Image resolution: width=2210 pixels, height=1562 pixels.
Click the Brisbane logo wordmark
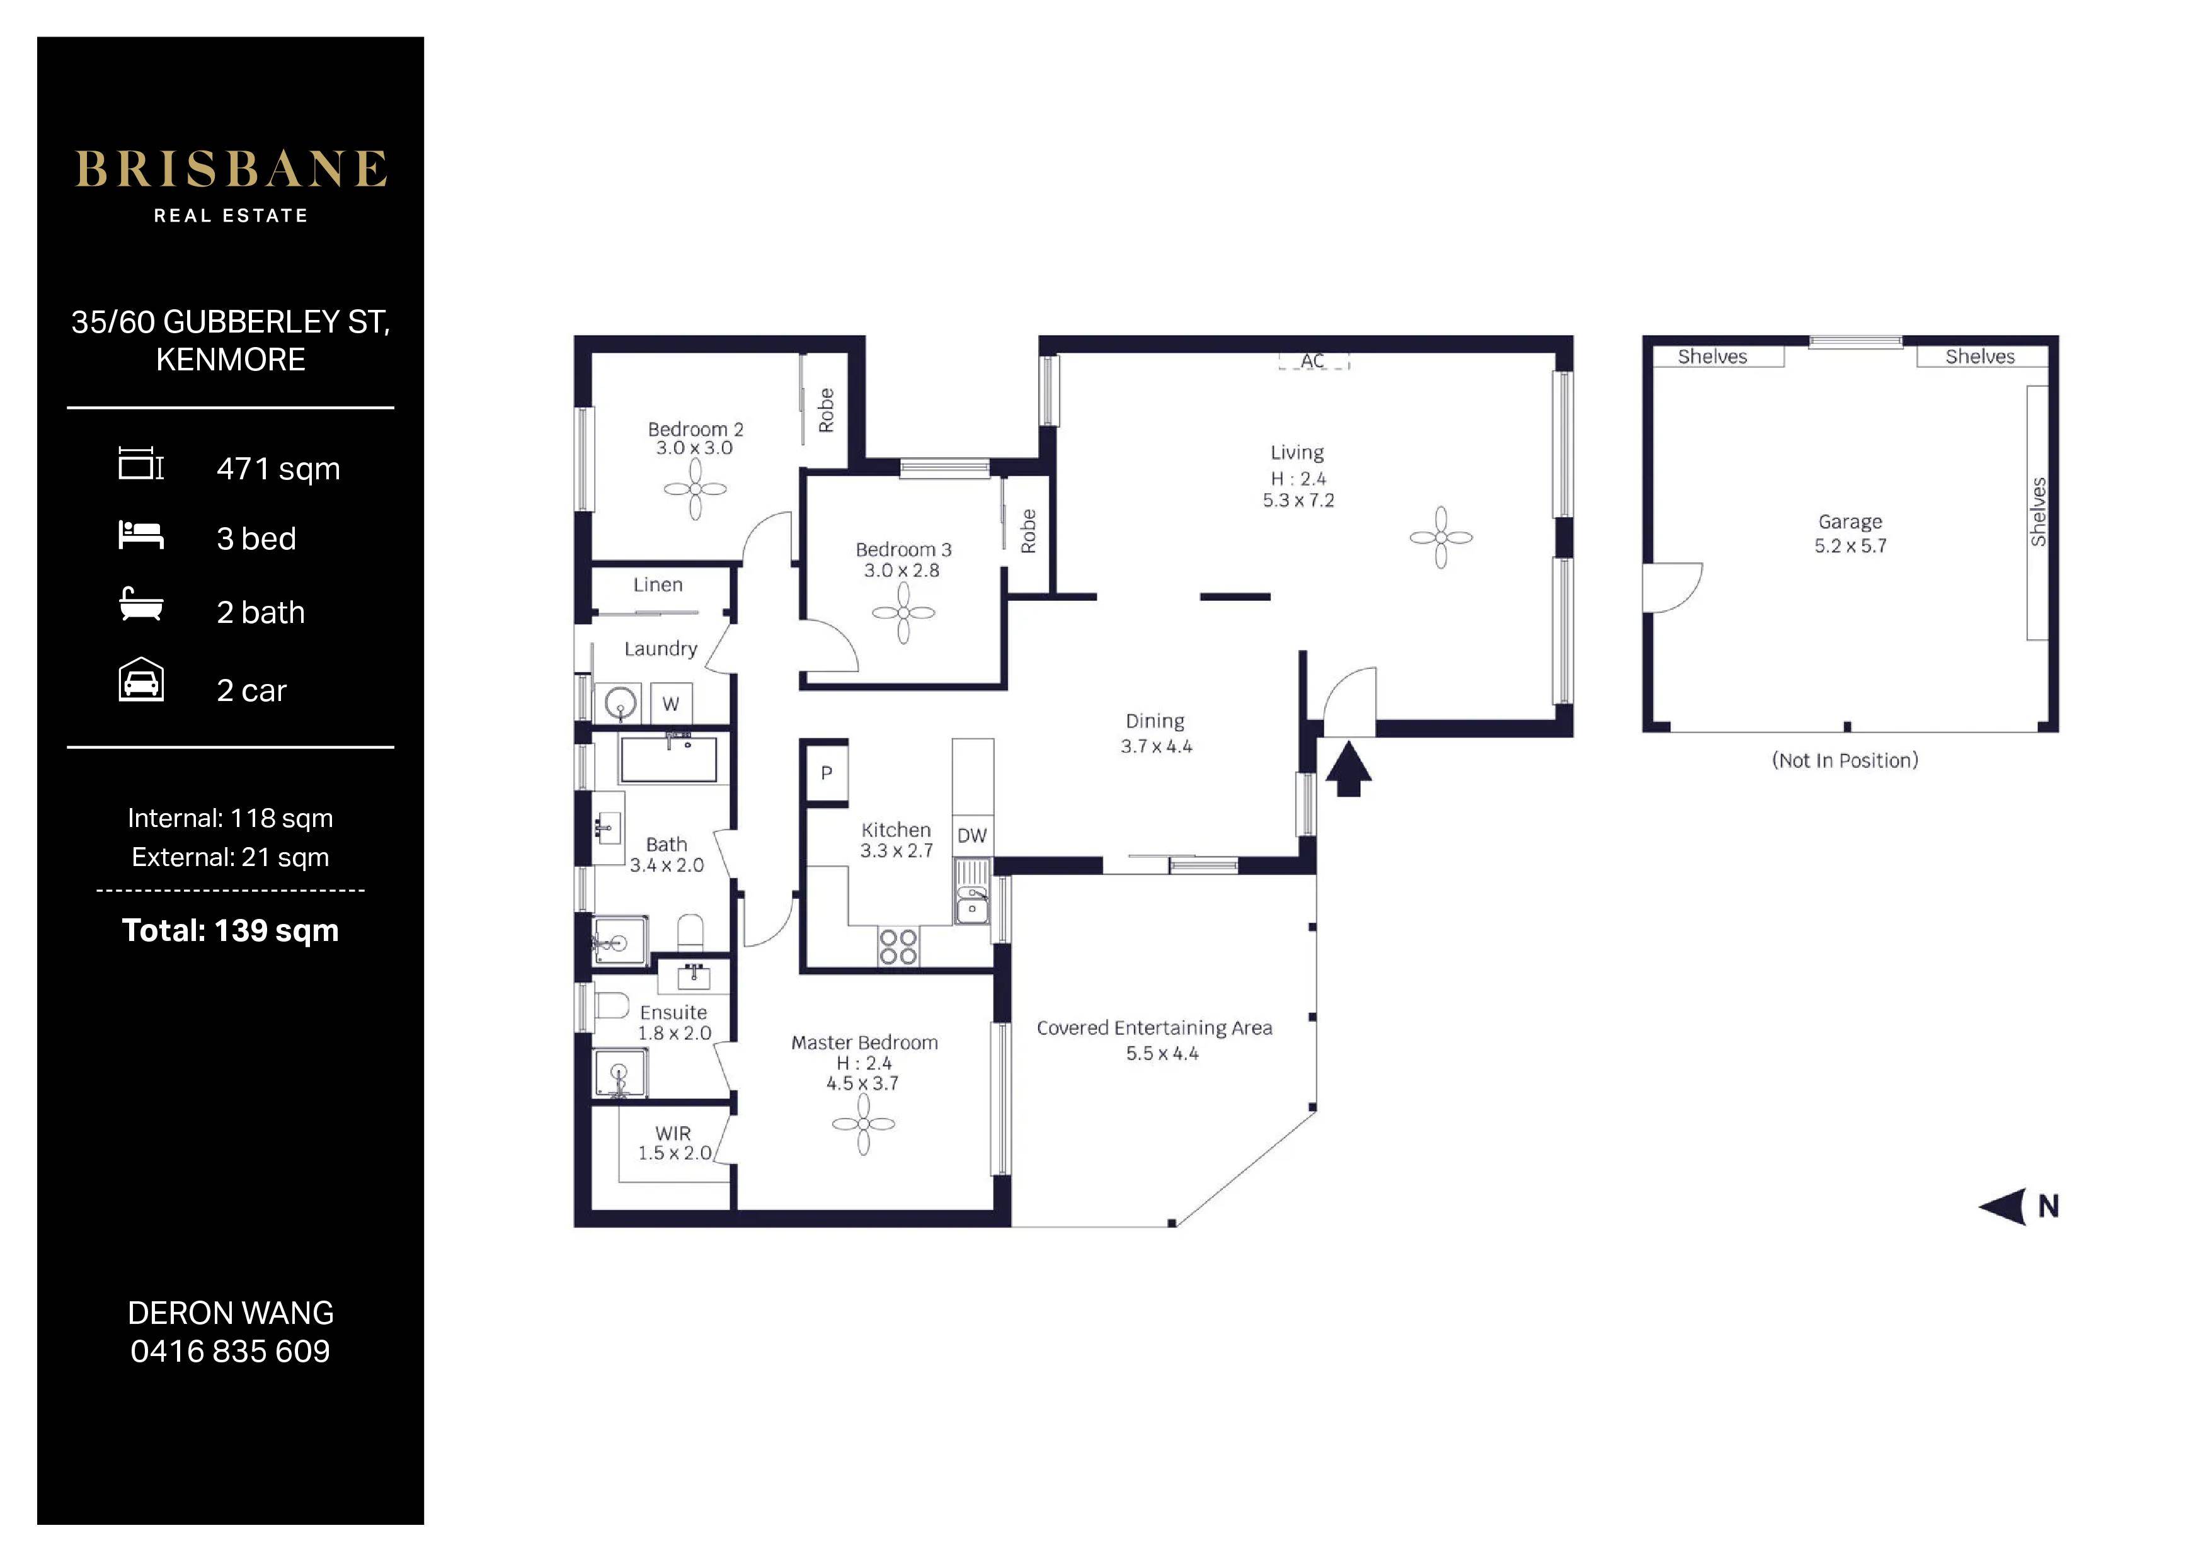[x=231, y=169]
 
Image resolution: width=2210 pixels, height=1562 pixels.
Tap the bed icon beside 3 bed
[x=140, y=535]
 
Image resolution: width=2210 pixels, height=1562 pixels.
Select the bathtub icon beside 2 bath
[x=140, y=605]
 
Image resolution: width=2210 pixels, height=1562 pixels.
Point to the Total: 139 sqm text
[x=230, y=931]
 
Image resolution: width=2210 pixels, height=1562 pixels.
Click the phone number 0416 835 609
[x=230, y=1351]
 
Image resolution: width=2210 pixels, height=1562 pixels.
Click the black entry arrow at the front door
[x=1349, y=768]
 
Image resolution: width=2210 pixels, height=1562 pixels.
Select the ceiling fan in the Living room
[x=1441, y=537]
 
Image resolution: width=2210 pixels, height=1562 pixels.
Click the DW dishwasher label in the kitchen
[x=972, y=835]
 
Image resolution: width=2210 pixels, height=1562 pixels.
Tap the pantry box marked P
[x=826, y=772]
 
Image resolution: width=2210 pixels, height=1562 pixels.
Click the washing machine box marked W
[x=671, y=704]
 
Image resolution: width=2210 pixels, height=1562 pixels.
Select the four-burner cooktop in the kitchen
[x=898, y=946]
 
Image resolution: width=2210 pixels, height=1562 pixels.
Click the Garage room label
[x=1850, y=523]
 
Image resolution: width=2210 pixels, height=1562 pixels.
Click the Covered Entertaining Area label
[x=1154, y=1028]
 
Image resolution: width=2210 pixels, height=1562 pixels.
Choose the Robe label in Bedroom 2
[x=826, y=411]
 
